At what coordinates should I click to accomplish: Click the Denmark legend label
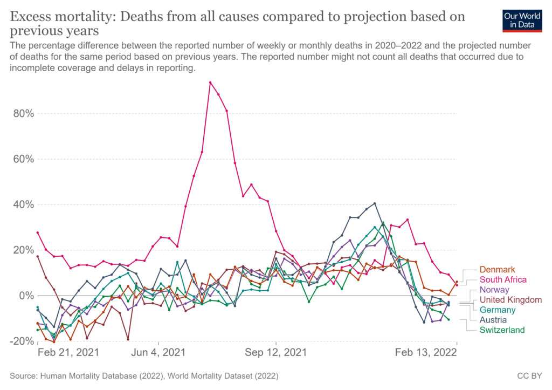tap(497, 270)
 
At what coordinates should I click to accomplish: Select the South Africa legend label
tap(503, 279)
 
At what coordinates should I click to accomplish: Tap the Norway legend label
tap(494, 290)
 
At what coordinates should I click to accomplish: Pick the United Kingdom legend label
tap(510, 300)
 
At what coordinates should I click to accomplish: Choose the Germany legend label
tap(498, 310)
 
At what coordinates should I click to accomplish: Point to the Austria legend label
tap(493, 320)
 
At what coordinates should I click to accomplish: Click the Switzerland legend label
tap(501, 330)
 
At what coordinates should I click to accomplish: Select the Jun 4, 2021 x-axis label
tap(158, 353)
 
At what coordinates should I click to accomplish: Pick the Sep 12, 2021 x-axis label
tap(276, 353)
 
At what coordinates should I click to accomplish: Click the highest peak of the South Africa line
tap(210, 83)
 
